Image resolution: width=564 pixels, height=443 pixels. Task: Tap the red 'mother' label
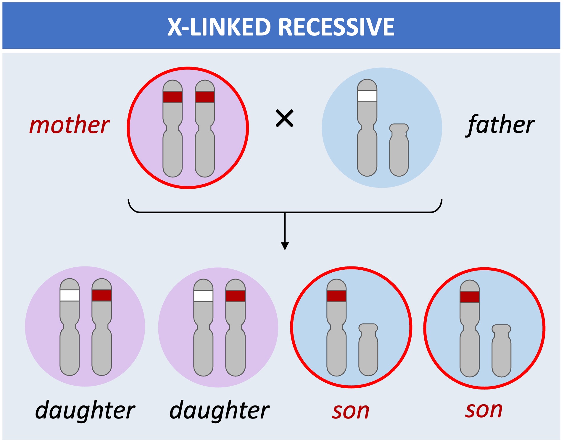[x=70, y=125]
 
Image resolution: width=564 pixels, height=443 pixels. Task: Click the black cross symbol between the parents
[x=284, y=118]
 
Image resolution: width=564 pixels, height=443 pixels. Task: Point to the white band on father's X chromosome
[x=367, y=96]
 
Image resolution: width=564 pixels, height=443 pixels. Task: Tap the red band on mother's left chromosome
[x=173, y=97]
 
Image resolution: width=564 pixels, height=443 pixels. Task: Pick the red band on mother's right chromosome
[x=205, y=97]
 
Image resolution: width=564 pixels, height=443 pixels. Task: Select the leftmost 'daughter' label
[x=85, y=410]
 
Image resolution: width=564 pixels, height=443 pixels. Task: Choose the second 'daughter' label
[x=219, y=410]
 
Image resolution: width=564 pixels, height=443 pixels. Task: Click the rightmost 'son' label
[x=484, y=410]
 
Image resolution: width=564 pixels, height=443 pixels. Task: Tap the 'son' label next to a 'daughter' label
[x=351, y=411]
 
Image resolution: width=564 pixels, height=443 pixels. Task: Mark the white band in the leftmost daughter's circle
[x=70, y=295]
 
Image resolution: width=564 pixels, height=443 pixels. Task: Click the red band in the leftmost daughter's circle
[x=101, y=295]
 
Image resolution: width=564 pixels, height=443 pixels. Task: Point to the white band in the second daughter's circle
[x=203, y=296]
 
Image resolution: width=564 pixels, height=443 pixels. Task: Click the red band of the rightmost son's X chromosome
[x=470, y=297]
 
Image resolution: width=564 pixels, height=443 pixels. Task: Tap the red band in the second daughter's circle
[x=235, y=296]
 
